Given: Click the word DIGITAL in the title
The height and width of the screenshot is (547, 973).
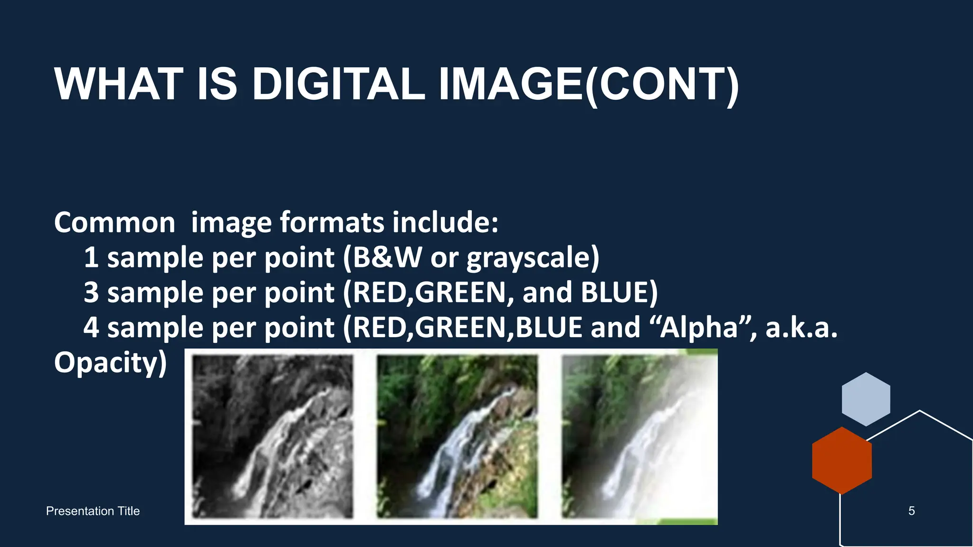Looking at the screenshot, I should coord(338,84).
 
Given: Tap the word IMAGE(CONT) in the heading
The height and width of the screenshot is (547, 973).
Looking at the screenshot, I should coord(588,84).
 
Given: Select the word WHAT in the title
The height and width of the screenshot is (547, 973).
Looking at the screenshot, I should coord(119,84).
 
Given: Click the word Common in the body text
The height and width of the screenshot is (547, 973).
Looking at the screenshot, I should coord(114,222).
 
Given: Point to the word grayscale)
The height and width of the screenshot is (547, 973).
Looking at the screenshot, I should coord(533,258).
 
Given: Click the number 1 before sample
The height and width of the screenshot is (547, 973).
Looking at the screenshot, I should coord(91,258).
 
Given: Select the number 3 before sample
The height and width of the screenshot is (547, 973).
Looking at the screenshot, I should coord(91,292).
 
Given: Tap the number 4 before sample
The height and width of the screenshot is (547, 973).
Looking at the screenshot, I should coord(91,328).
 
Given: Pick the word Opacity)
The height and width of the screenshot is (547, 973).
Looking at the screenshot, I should coord(110,363).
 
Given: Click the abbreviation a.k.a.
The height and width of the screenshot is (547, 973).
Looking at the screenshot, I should coord(801,328).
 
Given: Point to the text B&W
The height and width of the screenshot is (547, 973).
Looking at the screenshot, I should coord(387,258).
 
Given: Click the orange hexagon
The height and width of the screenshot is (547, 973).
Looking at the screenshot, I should coord(841,460).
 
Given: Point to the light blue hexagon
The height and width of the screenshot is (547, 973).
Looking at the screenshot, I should coord(866,399).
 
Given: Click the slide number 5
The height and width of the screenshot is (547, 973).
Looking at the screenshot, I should coord(911,511).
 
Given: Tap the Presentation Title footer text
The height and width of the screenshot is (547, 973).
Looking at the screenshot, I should coord(93,511).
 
